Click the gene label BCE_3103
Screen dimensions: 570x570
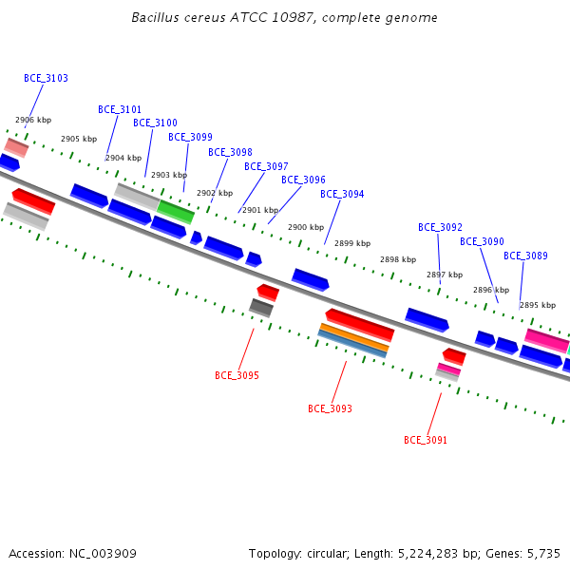coord(46,78)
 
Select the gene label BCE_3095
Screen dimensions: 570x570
coord(237,375)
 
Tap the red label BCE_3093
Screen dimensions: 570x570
coord(330,408)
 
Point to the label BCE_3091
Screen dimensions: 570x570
coord(426,440)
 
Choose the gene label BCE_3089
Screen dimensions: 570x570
coord(525,256)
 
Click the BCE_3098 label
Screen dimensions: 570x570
coord(230,152)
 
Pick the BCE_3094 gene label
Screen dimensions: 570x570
coord(342,194)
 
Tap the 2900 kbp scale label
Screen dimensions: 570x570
coord(306,228)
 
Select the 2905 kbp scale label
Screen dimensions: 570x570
coord(79,139)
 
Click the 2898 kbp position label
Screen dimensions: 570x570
coord(398,259)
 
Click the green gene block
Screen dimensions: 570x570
coord(176,212)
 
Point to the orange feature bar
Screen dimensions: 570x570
coord(354,337)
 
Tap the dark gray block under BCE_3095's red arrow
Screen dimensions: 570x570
coord(261,308)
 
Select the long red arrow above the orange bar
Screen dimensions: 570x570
coord(360,325)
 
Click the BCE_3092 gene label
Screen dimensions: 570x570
coord(440,228)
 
